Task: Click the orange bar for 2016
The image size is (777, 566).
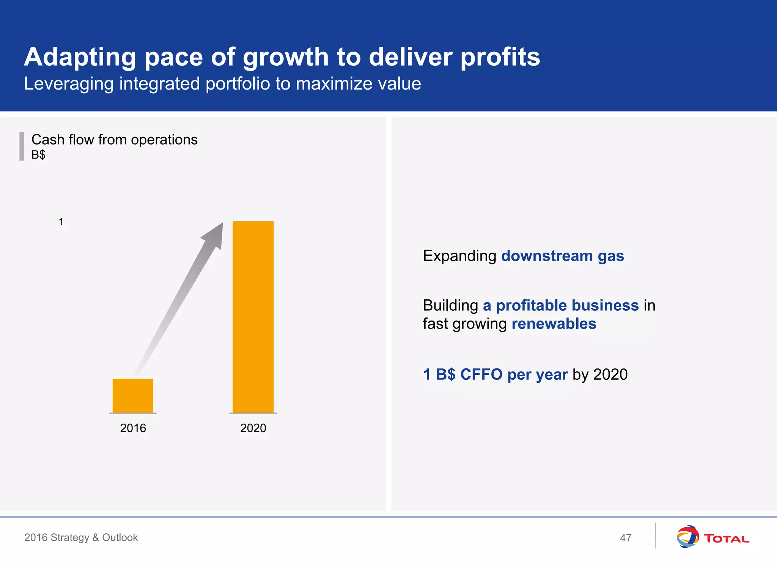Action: pos(133,395)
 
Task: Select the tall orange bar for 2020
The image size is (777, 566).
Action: pos(253,317)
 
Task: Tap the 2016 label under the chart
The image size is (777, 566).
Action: pos(133,428)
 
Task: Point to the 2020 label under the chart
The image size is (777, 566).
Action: pos(253,428)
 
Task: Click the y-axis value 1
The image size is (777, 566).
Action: pos(61,222)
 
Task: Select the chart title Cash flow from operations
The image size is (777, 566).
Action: pos(114,140)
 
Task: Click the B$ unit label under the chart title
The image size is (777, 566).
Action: pos(38,155)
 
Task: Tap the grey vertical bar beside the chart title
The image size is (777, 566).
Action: pos(22,146)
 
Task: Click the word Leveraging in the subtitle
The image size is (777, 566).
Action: pos(69,84)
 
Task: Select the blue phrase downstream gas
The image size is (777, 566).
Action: pos(562,256)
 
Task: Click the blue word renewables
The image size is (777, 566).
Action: pos(554,324)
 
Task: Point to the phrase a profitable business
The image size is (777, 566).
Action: pos(560,305)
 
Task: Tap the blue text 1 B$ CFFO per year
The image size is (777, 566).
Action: pos(495,374)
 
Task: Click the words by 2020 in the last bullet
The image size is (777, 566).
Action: pos(600,374)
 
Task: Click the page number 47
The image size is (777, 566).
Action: pos(626,538)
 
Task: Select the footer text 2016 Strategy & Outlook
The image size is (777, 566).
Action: pos(81,538)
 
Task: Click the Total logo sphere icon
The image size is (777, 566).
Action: pos(687,536)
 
